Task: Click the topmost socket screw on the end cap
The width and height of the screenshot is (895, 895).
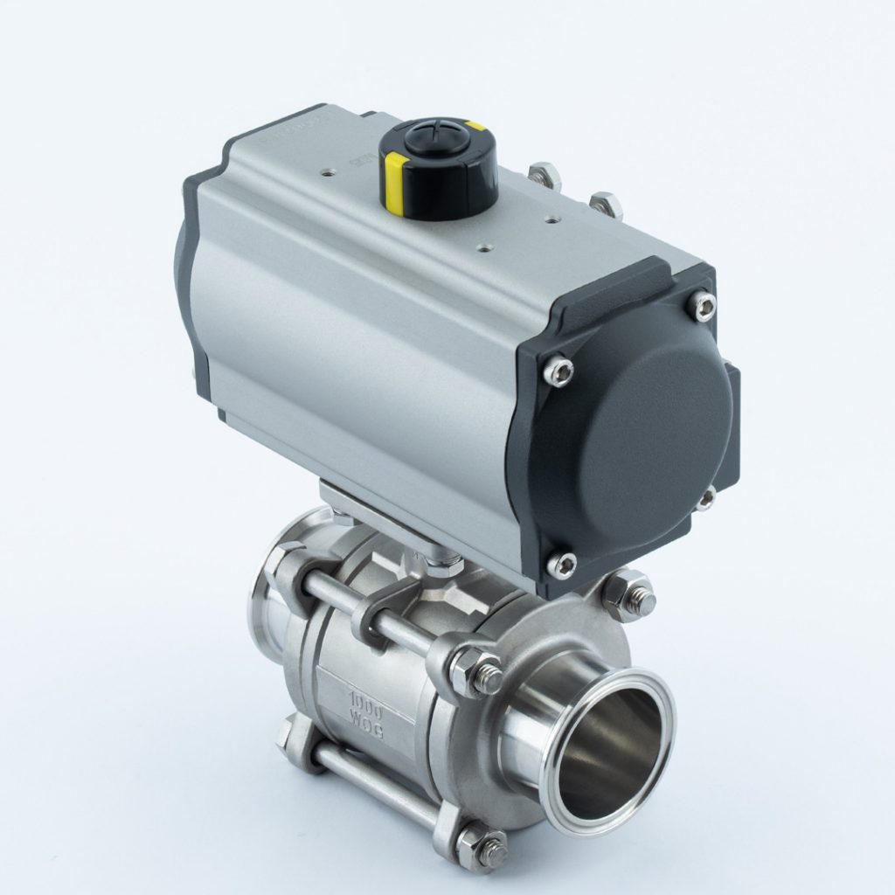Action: tap(701, 304)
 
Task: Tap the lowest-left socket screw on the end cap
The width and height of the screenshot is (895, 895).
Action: tap(560, 564)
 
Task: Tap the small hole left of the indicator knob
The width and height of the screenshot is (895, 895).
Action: tap(329, 173)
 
